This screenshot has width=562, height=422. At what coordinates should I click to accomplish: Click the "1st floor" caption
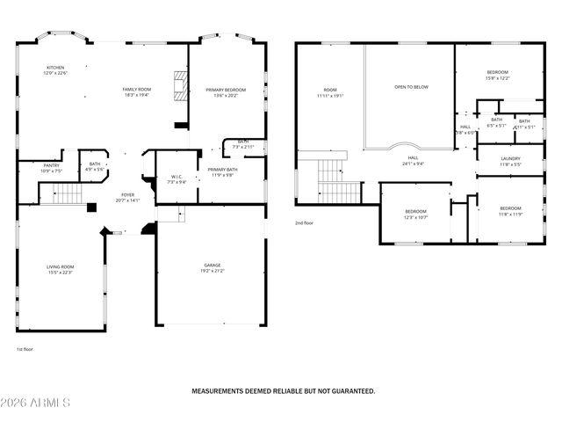25,350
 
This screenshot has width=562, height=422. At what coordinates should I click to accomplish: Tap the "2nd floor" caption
305,224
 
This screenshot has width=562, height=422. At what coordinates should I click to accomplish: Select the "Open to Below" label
411,87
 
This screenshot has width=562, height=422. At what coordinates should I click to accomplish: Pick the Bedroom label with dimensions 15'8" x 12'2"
497,75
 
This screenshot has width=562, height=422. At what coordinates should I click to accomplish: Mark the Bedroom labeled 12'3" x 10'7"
415,214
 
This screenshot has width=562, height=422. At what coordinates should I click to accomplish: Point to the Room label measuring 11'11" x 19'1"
330,92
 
